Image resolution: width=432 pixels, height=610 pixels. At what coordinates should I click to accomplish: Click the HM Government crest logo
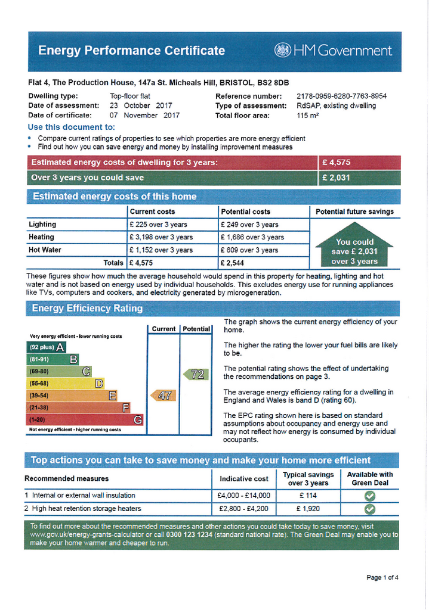tap(282, 51)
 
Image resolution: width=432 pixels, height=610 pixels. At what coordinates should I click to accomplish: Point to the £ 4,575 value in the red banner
tap(337, 162)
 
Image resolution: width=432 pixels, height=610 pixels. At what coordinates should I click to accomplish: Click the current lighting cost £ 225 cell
tap(158, 225)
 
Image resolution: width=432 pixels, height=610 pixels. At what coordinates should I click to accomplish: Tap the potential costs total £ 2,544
tap(233, 263)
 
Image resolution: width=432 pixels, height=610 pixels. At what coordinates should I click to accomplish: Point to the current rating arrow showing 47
tap(163, 395)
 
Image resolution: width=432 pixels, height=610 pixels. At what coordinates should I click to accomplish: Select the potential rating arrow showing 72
tap(196, 375)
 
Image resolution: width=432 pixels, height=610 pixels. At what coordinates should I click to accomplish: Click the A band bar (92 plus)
tap(45, 347)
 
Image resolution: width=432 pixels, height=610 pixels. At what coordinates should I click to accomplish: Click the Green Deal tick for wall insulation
tap(370, 496)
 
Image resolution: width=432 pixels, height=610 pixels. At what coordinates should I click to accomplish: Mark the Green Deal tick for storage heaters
tap(370, 509)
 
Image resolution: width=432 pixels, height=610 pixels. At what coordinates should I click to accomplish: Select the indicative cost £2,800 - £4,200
tap(243, 509)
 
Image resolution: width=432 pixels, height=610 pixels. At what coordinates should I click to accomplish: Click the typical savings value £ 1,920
tap(308, 509)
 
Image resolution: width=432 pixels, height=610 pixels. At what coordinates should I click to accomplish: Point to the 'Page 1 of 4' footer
tap(382, 577)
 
